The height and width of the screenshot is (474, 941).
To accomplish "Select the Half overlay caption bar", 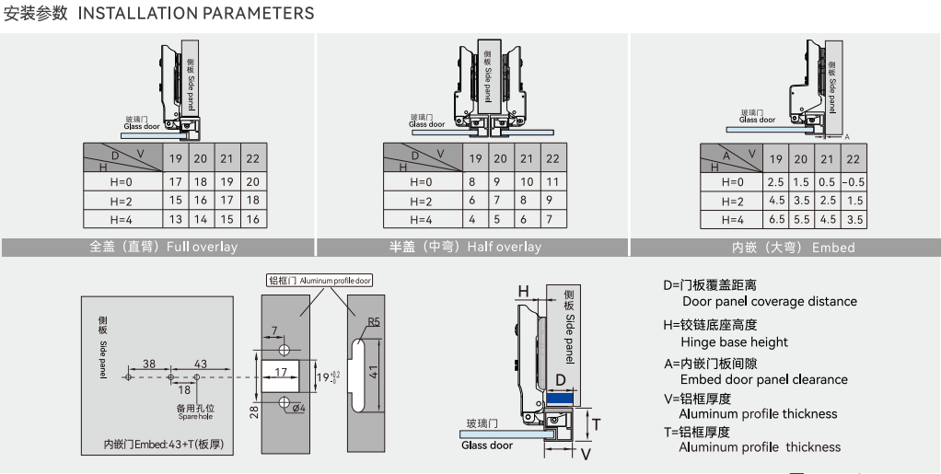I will [x=471, y=247].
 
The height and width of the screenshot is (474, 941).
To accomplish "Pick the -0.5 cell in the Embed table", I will [x=854, y=181].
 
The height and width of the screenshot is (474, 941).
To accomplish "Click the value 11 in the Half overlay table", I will [x=552, y=181].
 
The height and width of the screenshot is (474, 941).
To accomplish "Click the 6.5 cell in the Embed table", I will [x=776, y=220].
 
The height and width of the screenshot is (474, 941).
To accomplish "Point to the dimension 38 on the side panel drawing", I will [x=149, y=363].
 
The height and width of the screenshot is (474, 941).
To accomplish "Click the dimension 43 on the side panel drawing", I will [x=200, y=363].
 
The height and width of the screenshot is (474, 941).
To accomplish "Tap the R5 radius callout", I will [x=373, y=322].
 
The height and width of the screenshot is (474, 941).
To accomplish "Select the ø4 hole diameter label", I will [x=299, y=409].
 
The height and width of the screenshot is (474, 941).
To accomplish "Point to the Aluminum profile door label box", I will [x=319, y=280].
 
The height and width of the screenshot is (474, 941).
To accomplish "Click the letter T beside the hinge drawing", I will [x=595, y=423].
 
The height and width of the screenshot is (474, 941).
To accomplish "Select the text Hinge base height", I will [x=734, y=342].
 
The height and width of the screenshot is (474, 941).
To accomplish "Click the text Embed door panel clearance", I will [x=763, y=379].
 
